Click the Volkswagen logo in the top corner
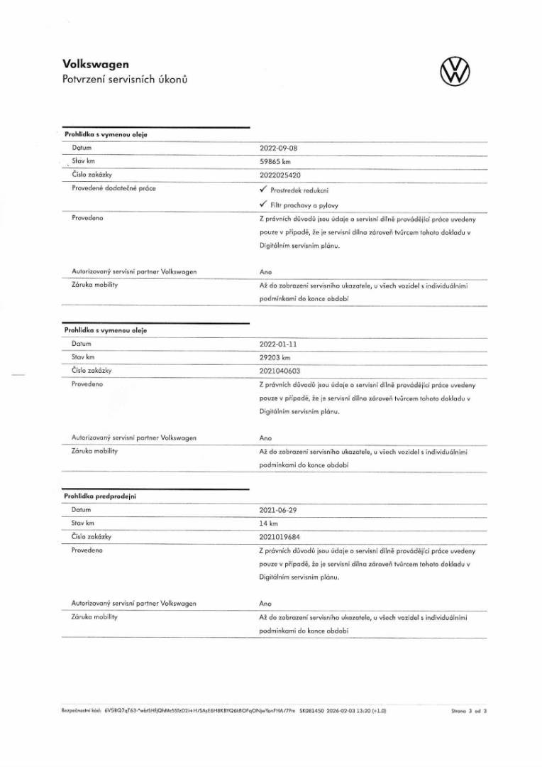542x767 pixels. point(455,71)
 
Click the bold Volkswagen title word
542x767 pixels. point(96,65)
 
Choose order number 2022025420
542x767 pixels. point(281,175)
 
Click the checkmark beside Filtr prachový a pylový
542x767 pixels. point(262,205)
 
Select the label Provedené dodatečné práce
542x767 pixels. point(114,188)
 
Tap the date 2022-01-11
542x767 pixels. point(279,344)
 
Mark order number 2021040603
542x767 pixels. point(280,370)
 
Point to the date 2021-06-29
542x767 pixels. point(279,510)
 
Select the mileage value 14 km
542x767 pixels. point(268,523)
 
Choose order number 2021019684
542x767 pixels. point(280,536)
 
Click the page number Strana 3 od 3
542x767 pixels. point(469,709)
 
